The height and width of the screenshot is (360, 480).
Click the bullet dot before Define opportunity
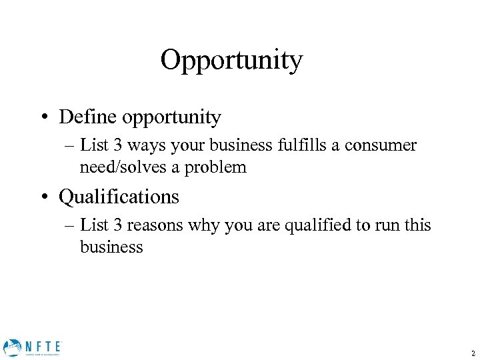[43, 119]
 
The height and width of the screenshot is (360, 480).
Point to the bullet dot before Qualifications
[43, 197]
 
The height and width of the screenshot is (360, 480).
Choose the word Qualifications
[119, 197]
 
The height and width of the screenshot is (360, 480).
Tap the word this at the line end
[417, 225]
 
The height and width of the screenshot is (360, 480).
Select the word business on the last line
[111, 247]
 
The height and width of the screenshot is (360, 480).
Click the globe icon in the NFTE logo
[12, 347]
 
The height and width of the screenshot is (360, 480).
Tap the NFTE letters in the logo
[43, 345]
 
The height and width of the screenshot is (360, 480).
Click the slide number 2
[472, 353]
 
